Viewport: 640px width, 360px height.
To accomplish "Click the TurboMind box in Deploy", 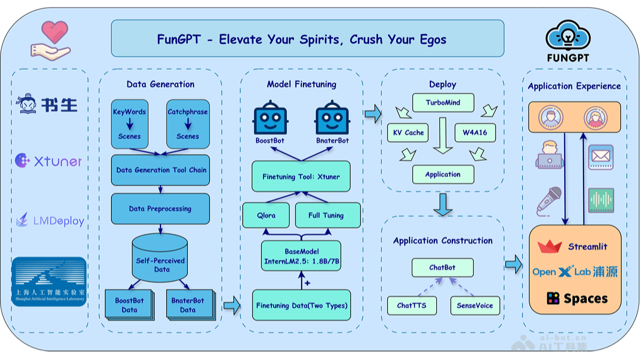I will [x=443, y=102].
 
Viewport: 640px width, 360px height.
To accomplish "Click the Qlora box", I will [x=266, y=215].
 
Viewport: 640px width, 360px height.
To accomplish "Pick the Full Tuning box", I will [x=326, y=215].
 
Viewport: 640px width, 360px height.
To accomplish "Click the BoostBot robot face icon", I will [x=270, y=119].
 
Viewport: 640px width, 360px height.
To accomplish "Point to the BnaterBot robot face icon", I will [x=332, y=119].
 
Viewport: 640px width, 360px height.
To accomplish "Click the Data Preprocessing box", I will [x=160, y=209].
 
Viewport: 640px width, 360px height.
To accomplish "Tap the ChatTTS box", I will [x=411, y=306].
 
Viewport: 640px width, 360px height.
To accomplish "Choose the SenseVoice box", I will [x=475, y=306].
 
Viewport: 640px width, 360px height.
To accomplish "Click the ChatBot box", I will [x=442, y=267].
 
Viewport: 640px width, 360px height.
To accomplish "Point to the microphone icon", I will [x=549, y=201].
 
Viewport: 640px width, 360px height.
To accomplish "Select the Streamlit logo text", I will [x=587, y=247].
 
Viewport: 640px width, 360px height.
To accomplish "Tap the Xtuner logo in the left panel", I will [x=49, y=161].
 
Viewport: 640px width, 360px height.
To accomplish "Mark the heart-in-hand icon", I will [x=49, y=41].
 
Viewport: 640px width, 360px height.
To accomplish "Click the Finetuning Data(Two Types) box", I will [x=301, y=306].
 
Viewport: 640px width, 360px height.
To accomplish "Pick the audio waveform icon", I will [x=601, y=201].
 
